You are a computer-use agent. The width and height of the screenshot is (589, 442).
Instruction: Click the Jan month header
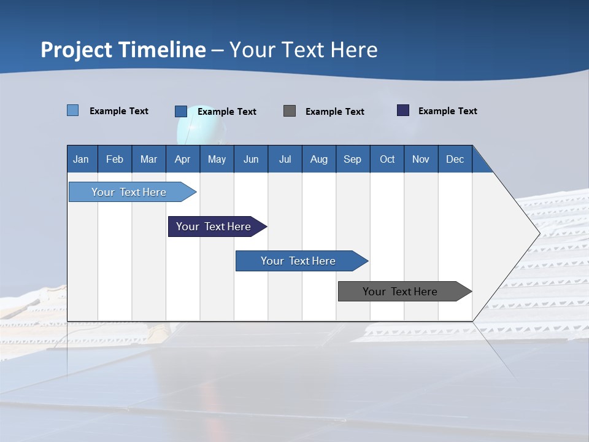point(81,159)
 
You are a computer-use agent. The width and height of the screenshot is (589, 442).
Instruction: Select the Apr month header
point(182,159)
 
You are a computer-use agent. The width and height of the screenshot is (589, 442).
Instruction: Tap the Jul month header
point(285,159)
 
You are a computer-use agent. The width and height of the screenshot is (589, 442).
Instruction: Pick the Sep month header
point(352,159)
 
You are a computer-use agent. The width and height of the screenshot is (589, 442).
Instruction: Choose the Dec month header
point(455,159)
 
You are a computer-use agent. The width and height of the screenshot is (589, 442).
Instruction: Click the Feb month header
point(115,159)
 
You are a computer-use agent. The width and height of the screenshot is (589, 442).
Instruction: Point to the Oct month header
point(387,159)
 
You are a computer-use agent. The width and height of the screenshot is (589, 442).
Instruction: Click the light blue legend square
point(73,110)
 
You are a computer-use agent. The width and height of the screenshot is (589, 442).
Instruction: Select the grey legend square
point(290,110)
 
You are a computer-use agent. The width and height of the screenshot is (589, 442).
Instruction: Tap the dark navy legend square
point(403,110)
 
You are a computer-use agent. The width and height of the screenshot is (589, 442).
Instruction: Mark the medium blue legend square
point(181,111)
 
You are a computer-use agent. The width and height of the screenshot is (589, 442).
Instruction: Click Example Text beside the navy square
point(447,111)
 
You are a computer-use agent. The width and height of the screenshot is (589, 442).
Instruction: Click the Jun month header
point(251,159)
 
